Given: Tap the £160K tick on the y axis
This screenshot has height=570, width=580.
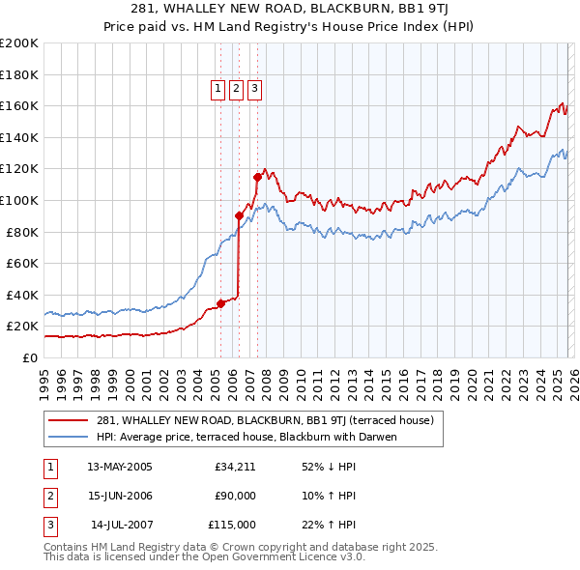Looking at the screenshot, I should point(19,105).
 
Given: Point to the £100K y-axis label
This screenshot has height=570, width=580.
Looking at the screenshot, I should point(19,200).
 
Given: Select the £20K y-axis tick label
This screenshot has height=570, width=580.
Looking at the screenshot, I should point(22,327).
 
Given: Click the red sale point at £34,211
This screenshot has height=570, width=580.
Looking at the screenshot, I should point(220,303).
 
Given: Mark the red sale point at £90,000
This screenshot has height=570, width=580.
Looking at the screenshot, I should point(239,215).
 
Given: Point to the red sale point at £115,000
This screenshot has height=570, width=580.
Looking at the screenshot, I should point(257,177).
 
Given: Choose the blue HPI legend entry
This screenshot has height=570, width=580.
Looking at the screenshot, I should point(246,437).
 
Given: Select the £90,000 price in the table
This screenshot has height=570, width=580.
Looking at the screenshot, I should point(235,496).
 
